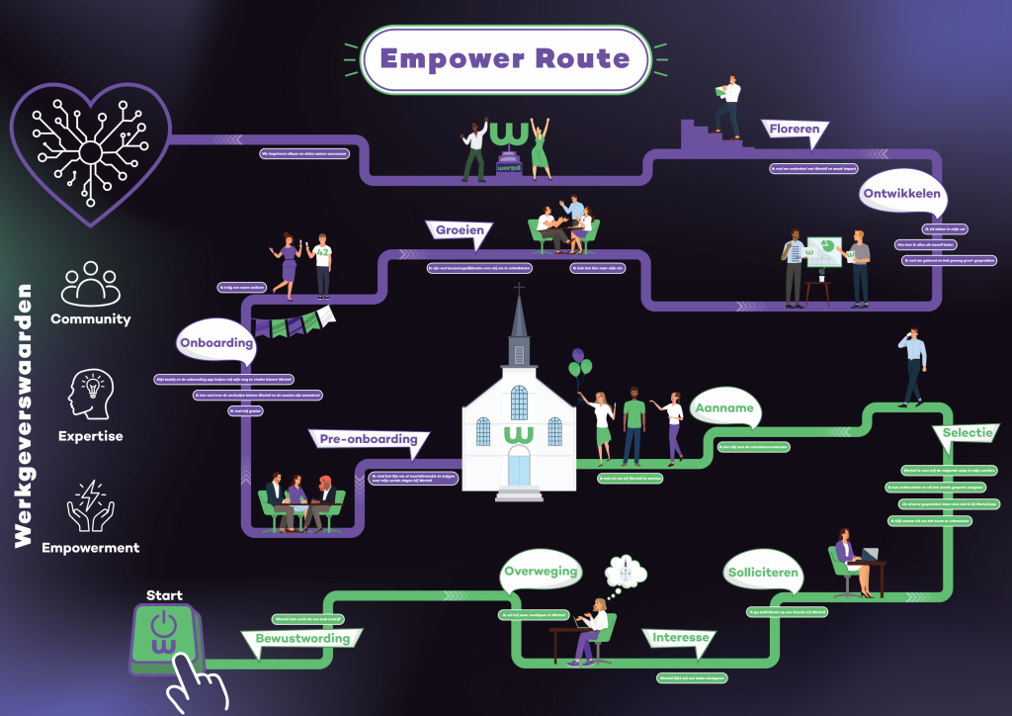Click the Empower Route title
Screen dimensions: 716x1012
click(x=504, y=58)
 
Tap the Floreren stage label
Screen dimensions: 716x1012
click(x=794, y=130)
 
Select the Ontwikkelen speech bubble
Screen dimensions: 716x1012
click(x=900, y=194)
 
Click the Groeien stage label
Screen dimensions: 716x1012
click(x=460, y=231)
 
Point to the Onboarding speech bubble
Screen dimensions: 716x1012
click(x=215, y=344)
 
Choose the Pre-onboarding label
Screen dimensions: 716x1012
click(x=369, y=439)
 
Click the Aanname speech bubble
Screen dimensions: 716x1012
click(x=723, y=408)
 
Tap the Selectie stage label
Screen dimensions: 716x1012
click(x=966, y=433)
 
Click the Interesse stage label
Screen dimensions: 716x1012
click(x=681, y=638)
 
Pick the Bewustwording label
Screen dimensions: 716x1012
click(x=302, y=639)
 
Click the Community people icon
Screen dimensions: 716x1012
click(x=90, y=284)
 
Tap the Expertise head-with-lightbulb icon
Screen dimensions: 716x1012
click(x=90, y=394)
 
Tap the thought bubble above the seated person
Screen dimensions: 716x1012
click(x=626, y=571)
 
